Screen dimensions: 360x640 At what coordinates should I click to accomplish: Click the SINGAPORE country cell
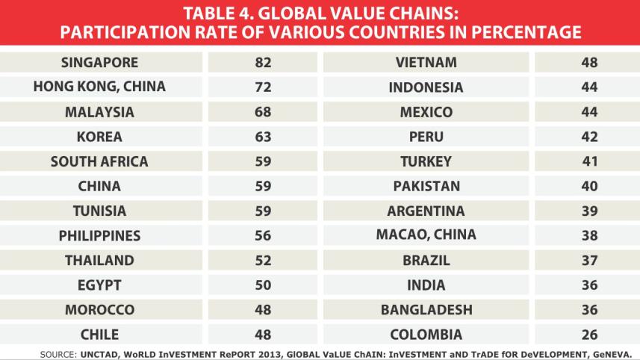pos(99,63)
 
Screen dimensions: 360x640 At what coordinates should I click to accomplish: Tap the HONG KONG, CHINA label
pos(99,87)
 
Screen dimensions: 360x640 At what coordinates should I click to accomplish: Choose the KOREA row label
pos(99,137)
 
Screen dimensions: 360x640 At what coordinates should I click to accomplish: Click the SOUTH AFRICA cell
pos(99,161)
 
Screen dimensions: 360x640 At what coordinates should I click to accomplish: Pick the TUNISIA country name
pos(99,211)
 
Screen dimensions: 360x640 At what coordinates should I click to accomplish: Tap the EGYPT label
pos(99,285)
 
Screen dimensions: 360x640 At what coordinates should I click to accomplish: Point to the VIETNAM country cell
pos(426,63)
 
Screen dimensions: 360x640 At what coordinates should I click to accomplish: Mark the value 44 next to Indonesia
pos(589,87)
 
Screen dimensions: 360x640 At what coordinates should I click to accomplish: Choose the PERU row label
pos(426,137)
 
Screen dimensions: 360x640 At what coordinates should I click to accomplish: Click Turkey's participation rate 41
pos(589,161)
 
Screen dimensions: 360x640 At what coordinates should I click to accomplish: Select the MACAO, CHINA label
pos(426,235)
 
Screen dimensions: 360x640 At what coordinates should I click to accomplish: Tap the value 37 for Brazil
pos(589,260)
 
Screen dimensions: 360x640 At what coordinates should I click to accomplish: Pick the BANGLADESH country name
pos(426,309)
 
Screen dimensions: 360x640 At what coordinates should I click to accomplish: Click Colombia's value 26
pos(589,334)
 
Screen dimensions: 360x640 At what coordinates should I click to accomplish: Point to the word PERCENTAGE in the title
pos(509,33)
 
